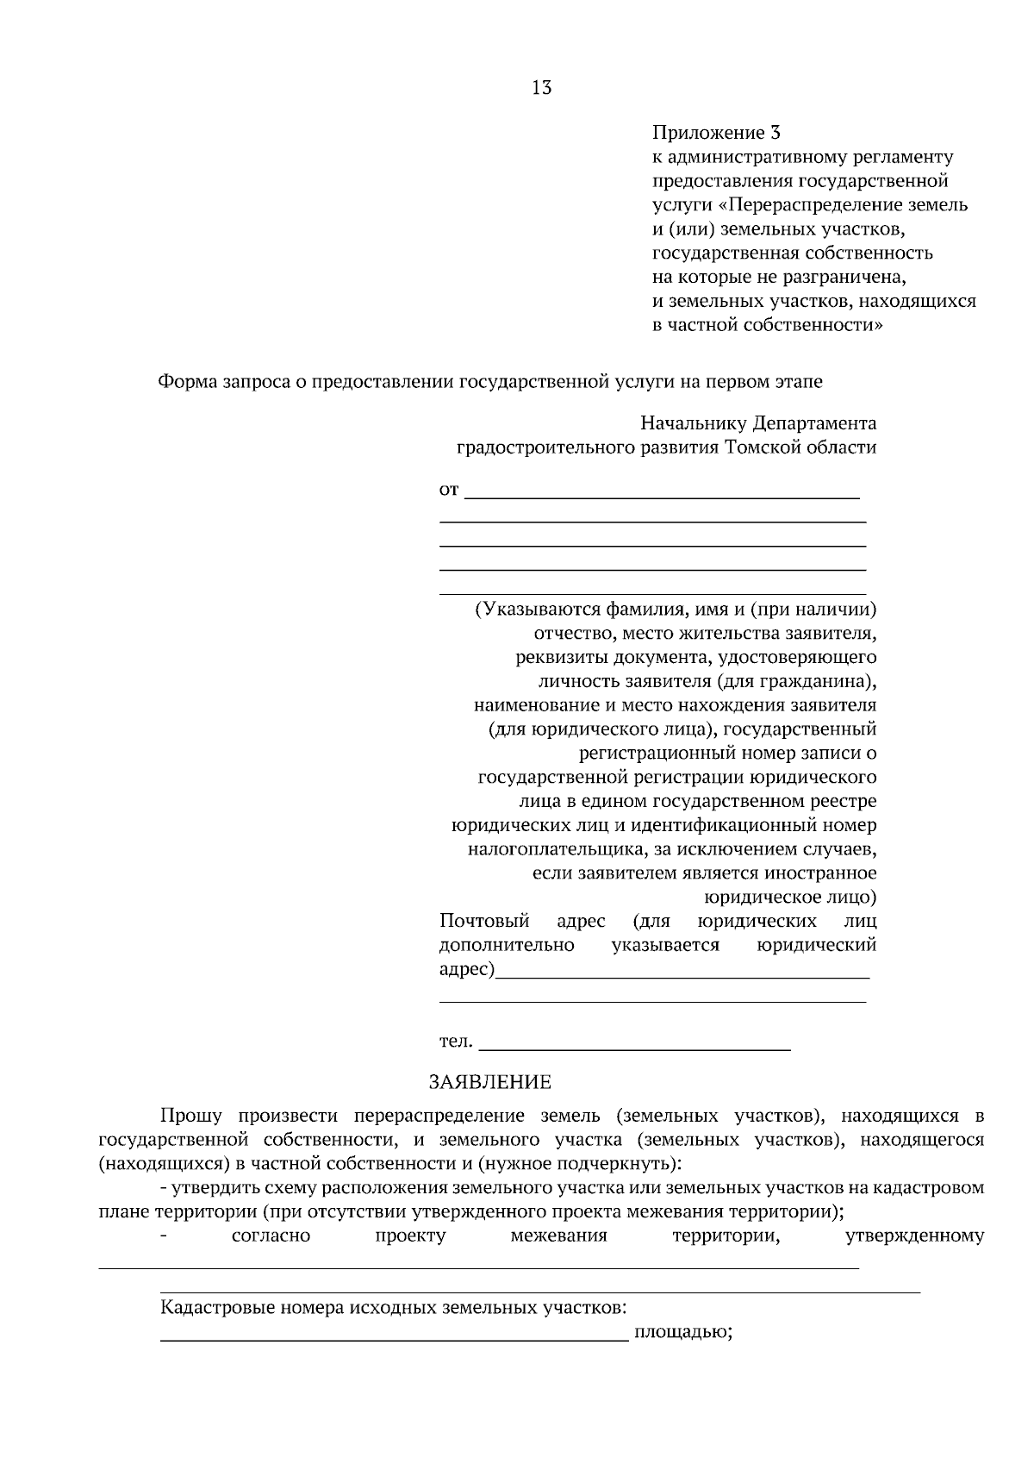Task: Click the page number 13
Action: click(x=542, y=88)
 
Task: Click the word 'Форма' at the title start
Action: click(x=185, y=382)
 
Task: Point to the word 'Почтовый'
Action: click(x=484, y=922)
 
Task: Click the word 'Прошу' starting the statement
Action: click(x=190, y=1117)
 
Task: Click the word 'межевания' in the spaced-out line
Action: click(x=558, y=1236)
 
